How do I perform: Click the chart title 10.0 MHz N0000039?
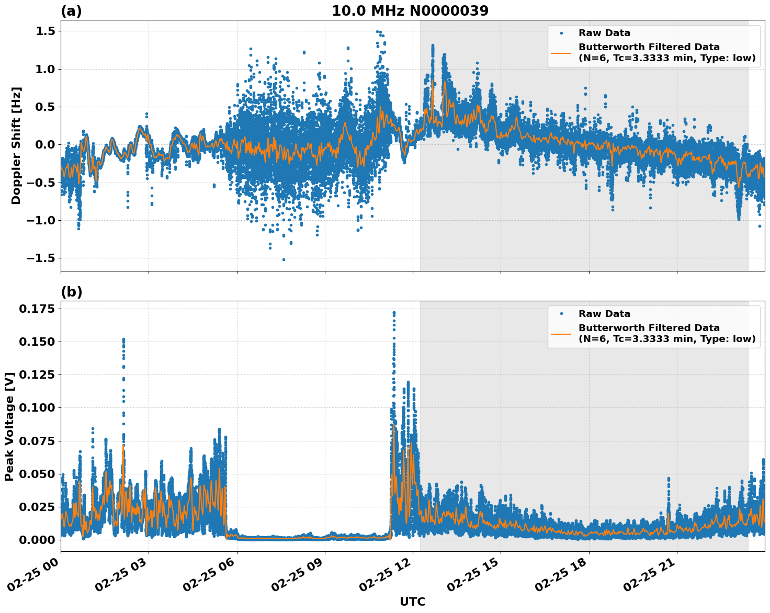[x=410, y=11]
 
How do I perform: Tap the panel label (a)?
[x=71, y=11]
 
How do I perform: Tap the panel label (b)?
[x=71, y=292]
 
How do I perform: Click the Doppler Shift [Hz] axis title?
[x=16, y=145]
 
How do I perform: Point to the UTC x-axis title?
[x=412, y=601]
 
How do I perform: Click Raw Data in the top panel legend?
[x=604, y=33]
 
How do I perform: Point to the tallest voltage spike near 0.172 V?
[x=394, y=313]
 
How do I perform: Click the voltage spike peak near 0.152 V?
[x=123, y=339]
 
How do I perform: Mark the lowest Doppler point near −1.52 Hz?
[x=284, y=259]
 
